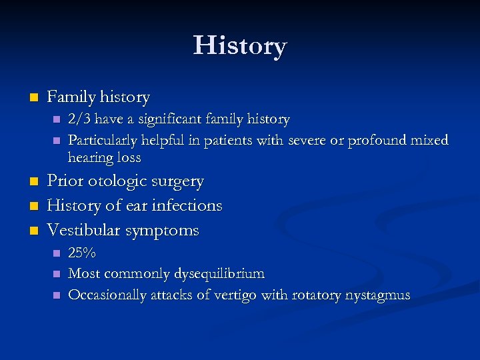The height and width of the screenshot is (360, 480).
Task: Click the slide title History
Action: pyautogui.click(x=240, y=46)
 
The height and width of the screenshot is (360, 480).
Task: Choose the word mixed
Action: pyautogui.click(x=431, y=141)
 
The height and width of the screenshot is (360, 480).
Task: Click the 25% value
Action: pyautogui.click(x=82, y=253)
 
